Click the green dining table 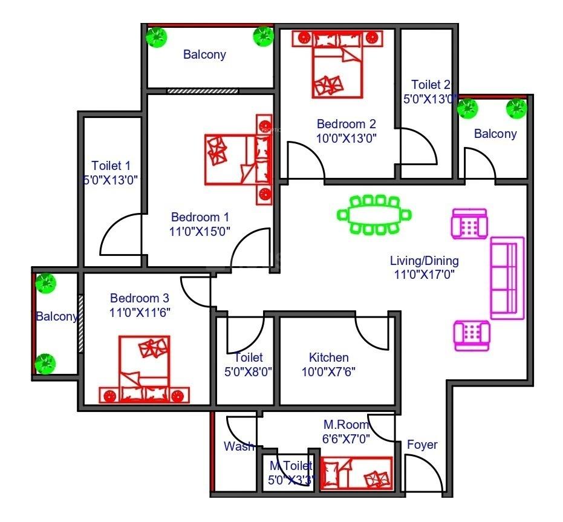pos(374,215)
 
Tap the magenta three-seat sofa pos(507,278)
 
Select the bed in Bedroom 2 pos(337,64)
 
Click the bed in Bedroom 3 pos(145,369)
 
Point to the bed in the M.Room pos(356,473)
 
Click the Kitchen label pos(328,357)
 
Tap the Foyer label pos(422,445)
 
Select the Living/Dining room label pos(425,261)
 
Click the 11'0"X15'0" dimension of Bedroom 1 pos(200,232)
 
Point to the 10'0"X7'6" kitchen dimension pos(328,372)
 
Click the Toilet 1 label pos(111,166)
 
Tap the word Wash pos(239,446)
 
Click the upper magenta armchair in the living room pos(469,224)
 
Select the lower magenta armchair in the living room pos(472,336)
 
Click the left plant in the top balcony pos(157,37)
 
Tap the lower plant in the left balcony pos(45,364)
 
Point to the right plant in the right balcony pos(516,108)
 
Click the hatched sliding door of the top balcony pos(203,91)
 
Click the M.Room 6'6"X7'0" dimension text pos(346,439)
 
